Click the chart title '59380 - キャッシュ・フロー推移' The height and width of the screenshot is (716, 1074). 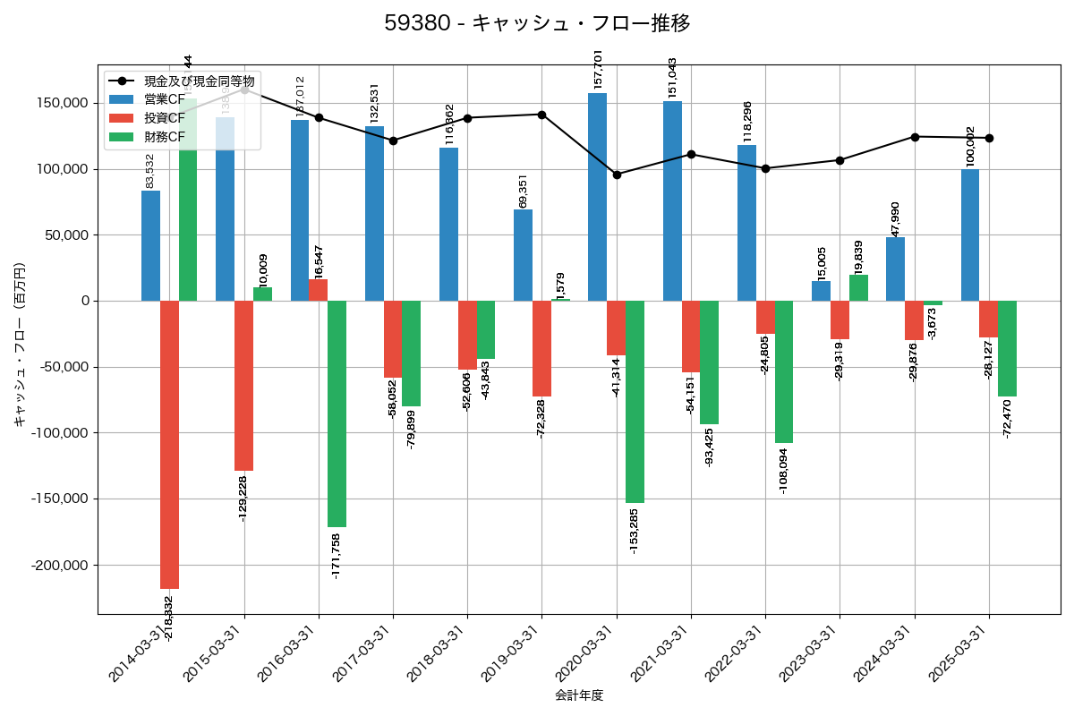click(537, 23)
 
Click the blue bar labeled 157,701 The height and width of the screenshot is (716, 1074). click(597, 197)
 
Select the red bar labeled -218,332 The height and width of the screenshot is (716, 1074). click(169, 445)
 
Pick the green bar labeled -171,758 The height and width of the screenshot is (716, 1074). click(337, 413)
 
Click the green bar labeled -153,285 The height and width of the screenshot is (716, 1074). click(635, 402)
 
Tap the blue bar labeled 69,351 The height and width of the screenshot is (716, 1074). click(523, 255)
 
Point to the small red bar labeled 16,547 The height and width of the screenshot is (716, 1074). click(318, 290)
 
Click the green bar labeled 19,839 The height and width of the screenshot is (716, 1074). click(858, 288)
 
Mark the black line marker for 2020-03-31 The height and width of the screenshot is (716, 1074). click(617, 175)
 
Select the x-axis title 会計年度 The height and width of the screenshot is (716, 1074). click(578, 695)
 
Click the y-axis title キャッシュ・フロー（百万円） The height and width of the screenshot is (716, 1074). click(20, 345)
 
